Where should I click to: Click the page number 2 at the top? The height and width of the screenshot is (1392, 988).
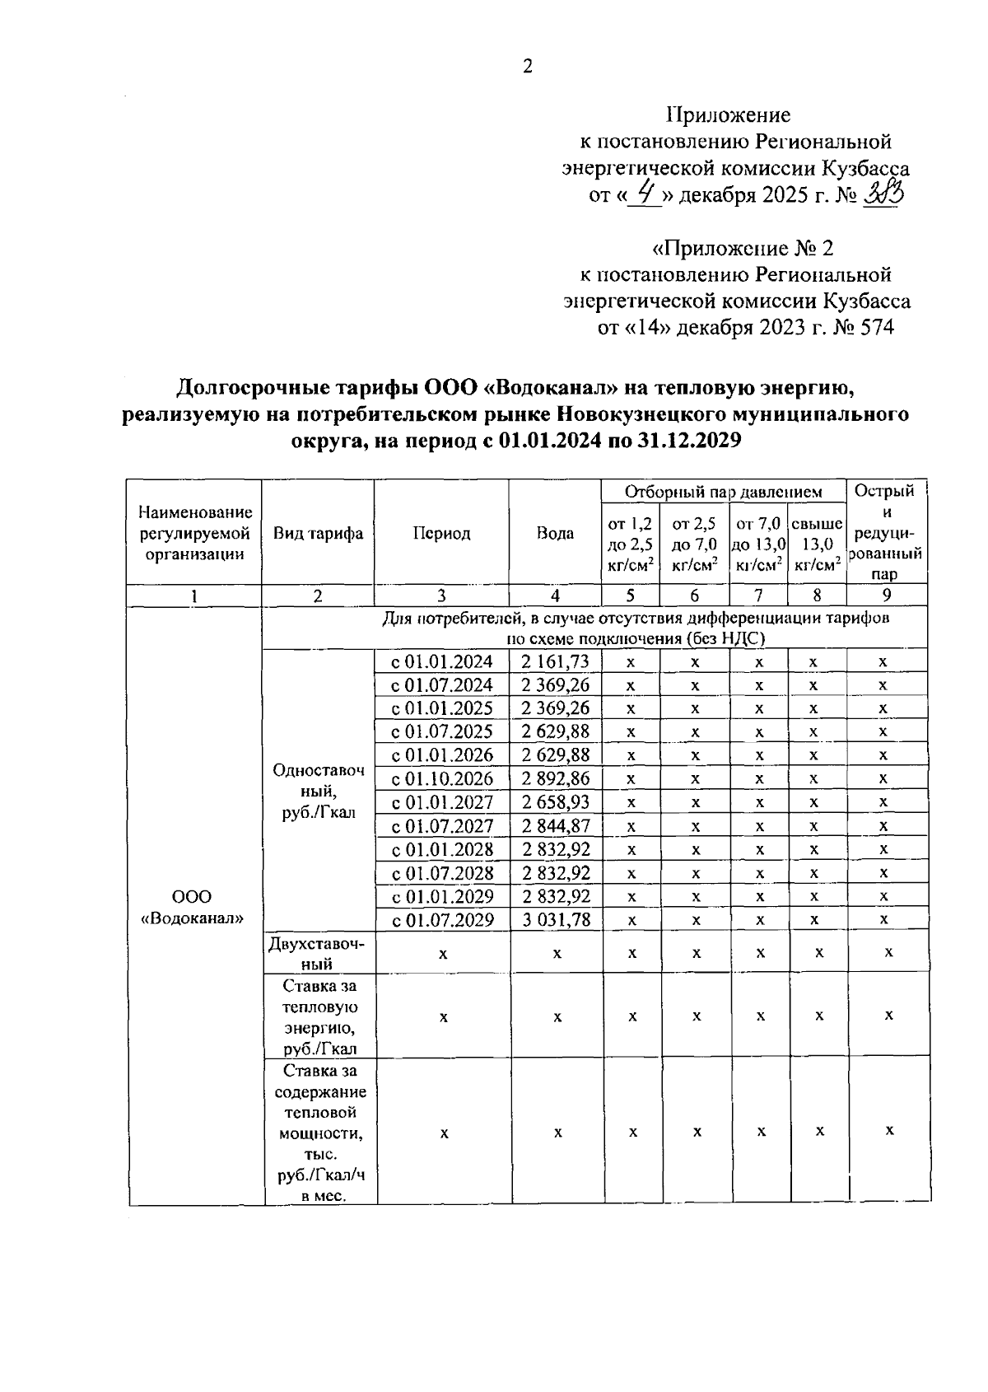527,67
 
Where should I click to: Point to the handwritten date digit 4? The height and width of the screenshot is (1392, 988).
645,194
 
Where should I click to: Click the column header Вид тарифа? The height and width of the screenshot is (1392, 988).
318,533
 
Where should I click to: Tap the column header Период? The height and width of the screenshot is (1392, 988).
441,533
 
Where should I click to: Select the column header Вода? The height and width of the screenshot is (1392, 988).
555,533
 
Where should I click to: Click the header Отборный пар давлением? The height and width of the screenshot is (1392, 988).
724,492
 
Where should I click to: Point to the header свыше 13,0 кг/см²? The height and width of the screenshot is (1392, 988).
817,543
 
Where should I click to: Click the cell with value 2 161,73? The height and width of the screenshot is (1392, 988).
555,661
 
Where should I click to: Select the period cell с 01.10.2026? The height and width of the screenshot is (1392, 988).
442,778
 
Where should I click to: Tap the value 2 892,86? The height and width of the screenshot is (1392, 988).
555,778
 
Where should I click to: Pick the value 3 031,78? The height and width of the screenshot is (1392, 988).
556,919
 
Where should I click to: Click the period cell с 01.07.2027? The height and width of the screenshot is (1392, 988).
442,825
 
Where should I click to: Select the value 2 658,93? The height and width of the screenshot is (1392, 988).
555,802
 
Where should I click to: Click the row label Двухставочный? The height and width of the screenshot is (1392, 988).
318,952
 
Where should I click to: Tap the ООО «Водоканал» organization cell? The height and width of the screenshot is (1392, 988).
193,907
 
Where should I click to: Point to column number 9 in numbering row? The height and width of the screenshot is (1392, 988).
887,596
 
